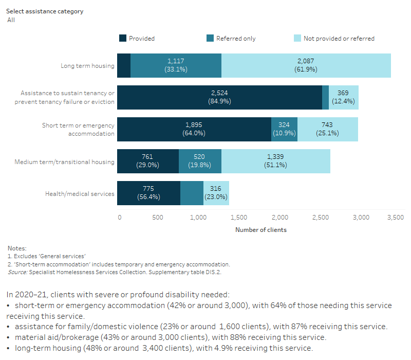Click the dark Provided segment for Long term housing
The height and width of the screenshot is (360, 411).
tap(123, 65)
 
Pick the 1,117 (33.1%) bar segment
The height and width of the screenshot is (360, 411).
tap(176, 65)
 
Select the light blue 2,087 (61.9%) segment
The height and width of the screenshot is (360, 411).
tap(306, 65)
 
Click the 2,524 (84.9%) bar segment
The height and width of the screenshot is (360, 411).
tap(219, 97)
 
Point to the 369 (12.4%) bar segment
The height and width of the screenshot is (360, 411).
tap(343, 97)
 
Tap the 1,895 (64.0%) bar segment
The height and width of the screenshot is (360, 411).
tap(194, 129)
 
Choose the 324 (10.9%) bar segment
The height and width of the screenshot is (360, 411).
tap(284, 129)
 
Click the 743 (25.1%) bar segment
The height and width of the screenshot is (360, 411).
tap(327, 129)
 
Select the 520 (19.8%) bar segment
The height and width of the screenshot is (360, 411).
tap(200, 161)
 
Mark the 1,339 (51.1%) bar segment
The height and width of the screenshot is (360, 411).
tap(275, 161)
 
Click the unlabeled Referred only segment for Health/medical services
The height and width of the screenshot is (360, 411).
tap(192, 193)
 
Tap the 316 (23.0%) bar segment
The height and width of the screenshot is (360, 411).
tap(216, 193)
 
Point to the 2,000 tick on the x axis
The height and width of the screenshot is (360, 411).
tap(280, 218)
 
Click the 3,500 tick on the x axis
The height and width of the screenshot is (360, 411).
tap(394, 218)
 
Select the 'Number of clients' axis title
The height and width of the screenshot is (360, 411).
tap(260, 230)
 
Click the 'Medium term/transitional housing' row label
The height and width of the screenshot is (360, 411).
tap(64, 162)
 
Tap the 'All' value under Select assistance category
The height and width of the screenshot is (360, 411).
tap(11, 20)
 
